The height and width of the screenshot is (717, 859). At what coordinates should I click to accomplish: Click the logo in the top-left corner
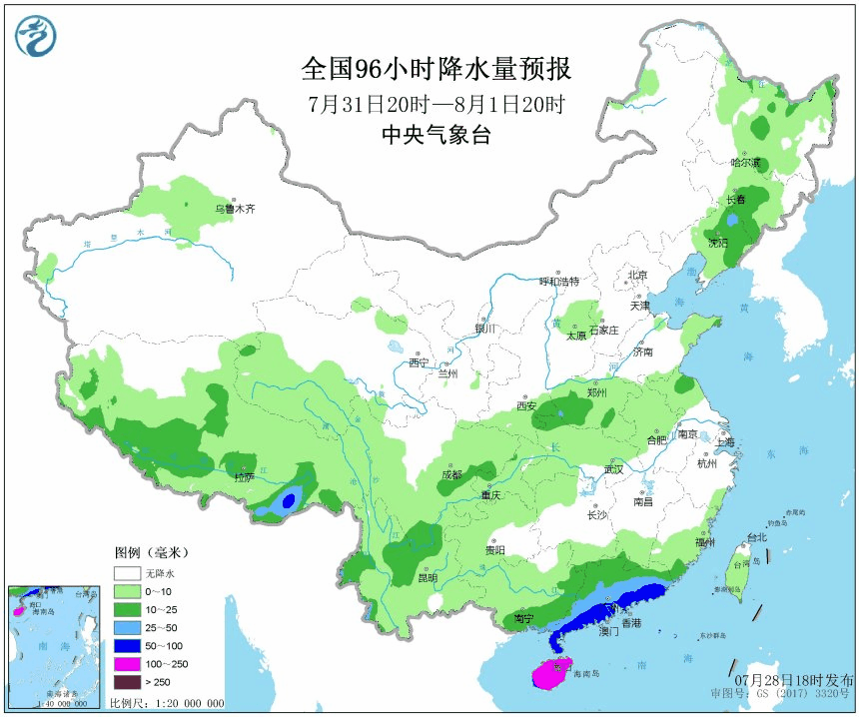(x=35, y=36)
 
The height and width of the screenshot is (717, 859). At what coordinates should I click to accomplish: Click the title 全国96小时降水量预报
(x=435, y=69)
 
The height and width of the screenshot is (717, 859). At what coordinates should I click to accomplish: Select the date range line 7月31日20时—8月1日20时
(x=436, y=104)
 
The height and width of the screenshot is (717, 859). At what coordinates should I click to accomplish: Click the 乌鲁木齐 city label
(x=236, y=209)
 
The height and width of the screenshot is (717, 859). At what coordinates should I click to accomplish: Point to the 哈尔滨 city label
(x=745, y=162)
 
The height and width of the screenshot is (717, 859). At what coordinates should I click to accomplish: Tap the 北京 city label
(x=637, y=275)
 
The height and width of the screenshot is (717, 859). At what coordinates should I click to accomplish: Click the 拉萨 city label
(x=244, y=477)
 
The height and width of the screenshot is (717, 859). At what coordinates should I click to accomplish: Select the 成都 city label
(x=451, y=474)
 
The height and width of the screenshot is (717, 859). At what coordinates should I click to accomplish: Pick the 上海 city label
(x=724, y=442)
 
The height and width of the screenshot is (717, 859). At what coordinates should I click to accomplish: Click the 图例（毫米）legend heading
(x=151, y=551)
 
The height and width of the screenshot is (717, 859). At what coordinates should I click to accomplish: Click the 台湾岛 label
(x=740, y=564)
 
